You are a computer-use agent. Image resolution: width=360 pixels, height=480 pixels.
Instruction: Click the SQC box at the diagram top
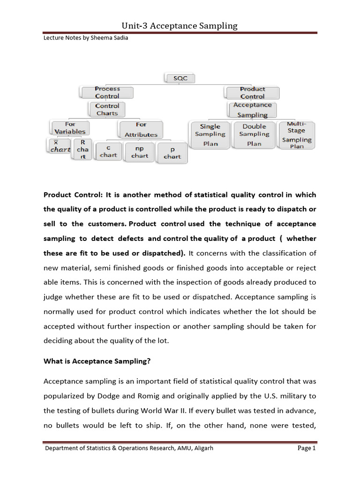click(180, 78)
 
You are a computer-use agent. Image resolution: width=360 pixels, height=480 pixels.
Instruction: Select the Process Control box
click(107, 92)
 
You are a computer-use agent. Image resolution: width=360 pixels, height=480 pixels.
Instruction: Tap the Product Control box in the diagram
click(252, 92)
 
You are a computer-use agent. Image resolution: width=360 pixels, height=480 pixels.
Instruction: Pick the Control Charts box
click(107, 109)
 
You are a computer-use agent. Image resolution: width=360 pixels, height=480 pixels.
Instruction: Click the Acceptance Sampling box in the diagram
click(252, 110)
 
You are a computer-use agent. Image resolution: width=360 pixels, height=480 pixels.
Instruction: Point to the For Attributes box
click(141, 129)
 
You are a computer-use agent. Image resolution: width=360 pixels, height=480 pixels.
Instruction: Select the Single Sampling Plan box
click(210, 135)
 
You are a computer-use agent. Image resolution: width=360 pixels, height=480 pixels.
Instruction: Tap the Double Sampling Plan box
click(254, 135)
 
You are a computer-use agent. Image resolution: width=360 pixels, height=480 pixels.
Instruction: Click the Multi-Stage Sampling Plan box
click(296, 135)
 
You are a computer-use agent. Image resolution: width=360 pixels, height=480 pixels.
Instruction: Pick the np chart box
click(140, 151)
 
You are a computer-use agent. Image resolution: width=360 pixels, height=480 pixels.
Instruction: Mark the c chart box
click(108, 151)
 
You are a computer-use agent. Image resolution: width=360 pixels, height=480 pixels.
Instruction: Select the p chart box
click(172, 153)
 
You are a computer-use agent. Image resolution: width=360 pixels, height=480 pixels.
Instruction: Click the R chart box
click(82, 149)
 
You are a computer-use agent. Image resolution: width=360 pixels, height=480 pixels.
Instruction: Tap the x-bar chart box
click(60, 146)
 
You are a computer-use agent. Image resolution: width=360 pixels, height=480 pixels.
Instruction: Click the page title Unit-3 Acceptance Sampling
click(180, 26)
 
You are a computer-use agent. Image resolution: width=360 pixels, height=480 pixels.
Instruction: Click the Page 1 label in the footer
click(307, 448)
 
